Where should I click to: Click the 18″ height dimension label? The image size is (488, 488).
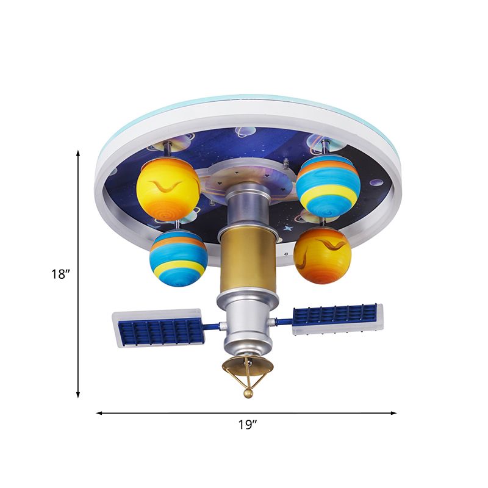point(61,274)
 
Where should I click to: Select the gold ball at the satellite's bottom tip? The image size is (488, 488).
point(248,395)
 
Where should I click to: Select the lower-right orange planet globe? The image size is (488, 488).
point(323,256)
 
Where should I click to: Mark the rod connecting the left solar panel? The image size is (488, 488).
point(213,326)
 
